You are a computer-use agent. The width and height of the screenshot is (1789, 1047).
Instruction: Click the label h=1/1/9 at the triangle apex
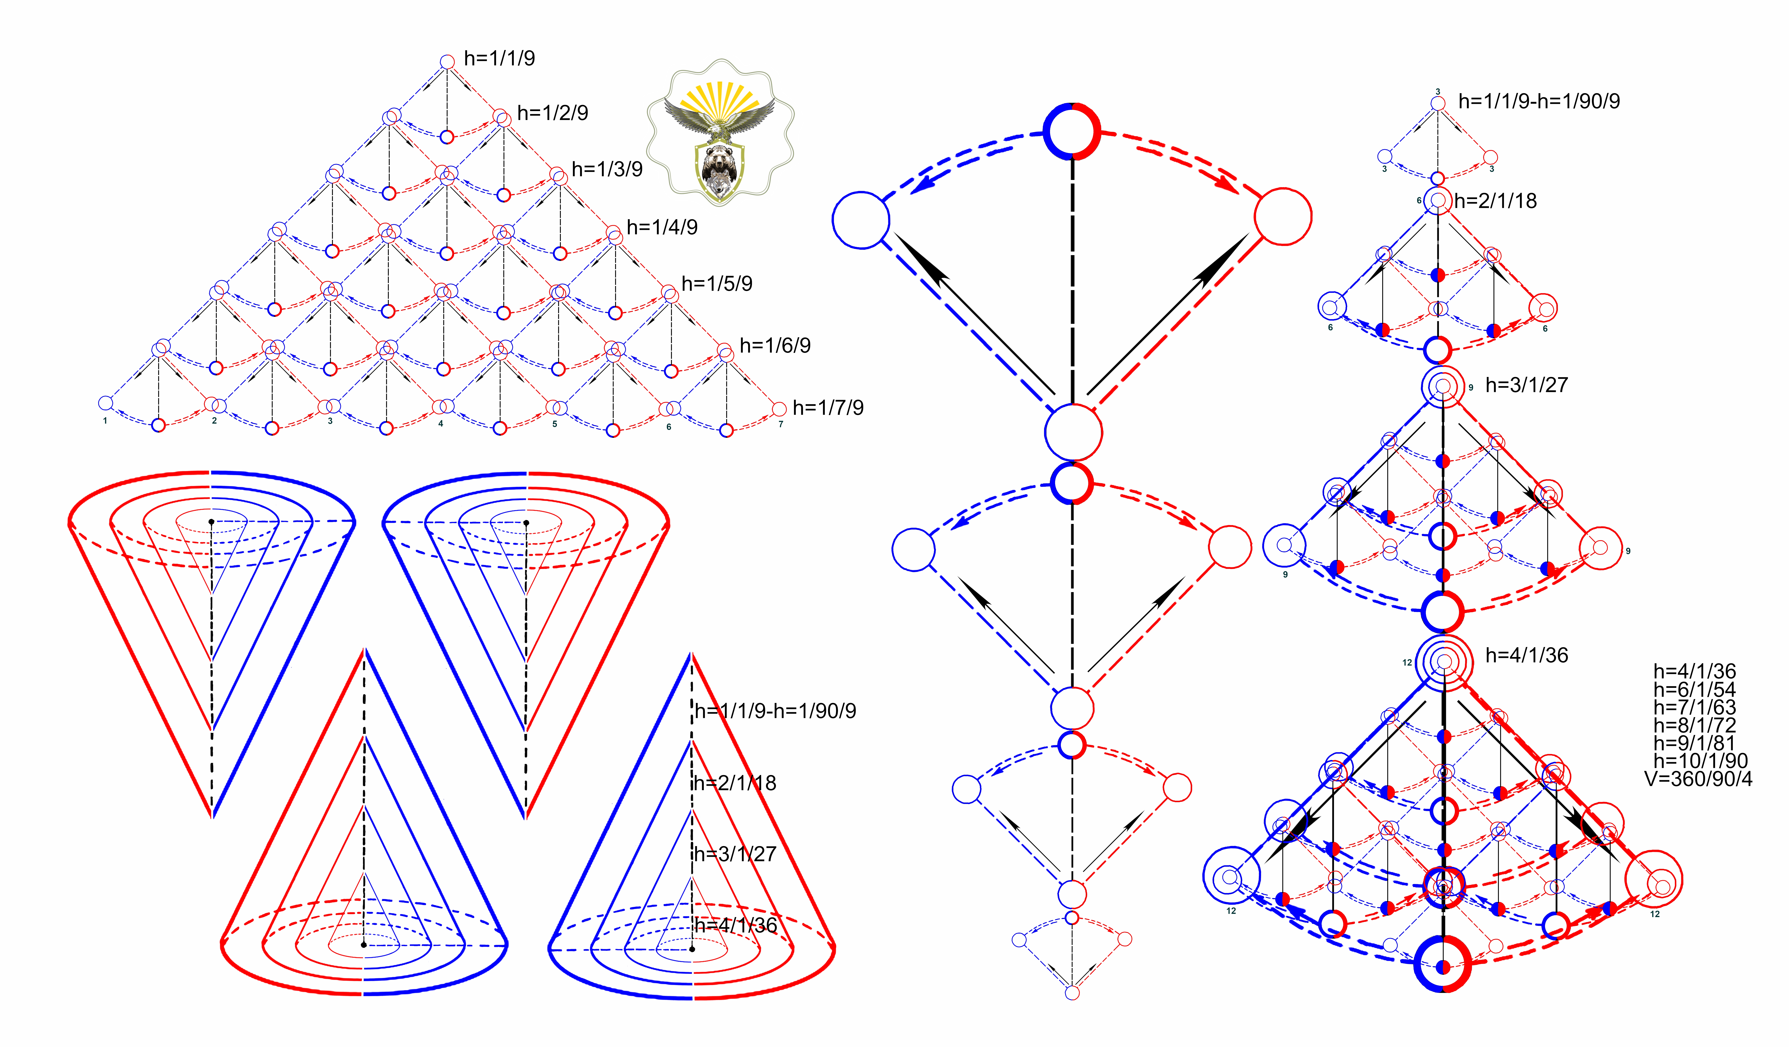pyautogui.click(x=499, y=58)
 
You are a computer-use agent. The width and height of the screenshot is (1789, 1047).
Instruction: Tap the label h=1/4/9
pyautogui.click(x=662, y=227)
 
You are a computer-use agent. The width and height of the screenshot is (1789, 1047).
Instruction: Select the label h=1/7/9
pyautogui.click(x=828, y=407)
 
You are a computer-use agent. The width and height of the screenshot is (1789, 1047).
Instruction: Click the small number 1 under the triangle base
pyautogui.click(x=105, y=421)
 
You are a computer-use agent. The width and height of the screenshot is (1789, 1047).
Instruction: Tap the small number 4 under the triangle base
pyautogui.click(x=441, y=424)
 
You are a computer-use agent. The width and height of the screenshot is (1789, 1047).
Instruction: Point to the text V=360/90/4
pyautogui.click(x=1698, y=779)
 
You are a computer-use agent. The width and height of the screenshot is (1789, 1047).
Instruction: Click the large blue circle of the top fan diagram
pyautogui.click(x=861, y=220)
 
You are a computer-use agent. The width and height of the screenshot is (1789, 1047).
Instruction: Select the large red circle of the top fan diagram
pyautogui.click(x=1283, y=217)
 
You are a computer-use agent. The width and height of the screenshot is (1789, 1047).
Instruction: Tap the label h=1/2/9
pyautogui.click(x=552, y=113)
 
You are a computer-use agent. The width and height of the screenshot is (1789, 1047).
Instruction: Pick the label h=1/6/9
pyautogui.click(x=774, y=346)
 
